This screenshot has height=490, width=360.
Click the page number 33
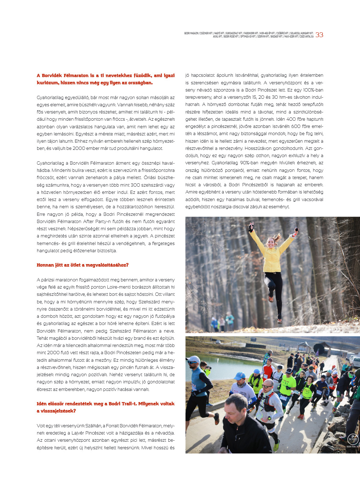click(319, 35)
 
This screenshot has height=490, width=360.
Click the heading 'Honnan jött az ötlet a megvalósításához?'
click(83, 265)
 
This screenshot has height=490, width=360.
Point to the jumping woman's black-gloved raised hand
click(250, 227)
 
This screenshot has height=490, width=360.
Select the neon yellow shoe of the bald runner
click(276, 446)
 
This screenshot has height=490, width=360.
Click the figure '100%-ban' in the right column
click(313, 90)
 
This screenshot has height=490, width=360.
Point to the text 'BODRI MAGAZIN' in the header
click(191, 33)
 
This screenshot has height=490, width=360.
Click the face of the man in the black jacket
click(237, 407)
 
